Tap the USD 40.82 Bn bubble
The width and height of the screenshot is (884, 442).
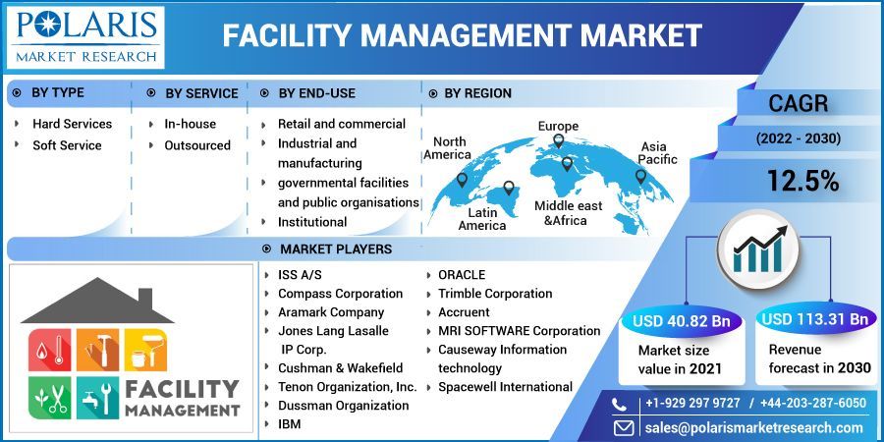pos(680,320)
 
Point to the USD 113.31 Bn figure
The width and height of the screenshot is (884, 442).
pos(815,319)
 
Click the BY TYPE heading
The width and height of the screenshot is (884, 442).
pos(58,93)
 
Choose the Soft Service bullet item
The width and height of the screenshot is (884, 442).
pos(67,145)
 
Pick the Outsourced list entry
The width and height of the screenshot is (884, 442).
pos(197,145)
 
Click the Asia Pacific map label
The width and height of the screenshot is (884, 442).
pos(658,153)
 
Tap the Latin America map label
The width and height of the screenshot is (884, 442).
pos(482,219)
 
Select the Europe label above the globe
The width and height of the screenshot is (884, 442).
pos(558,126)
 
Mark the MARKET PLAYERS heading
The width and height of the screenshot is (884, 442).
pos(335,249)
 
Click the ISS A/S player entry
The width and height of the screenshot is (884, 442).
pos(300,275)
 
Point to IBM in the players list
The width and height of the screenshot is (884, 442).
pos(290,424)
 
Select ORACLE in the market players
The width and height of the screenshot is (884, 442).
pos(462,275)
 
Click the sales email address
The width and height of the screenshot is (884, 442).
pos(753,427)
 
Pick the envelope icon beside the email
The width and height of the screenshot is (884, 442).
pos(623,427)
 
